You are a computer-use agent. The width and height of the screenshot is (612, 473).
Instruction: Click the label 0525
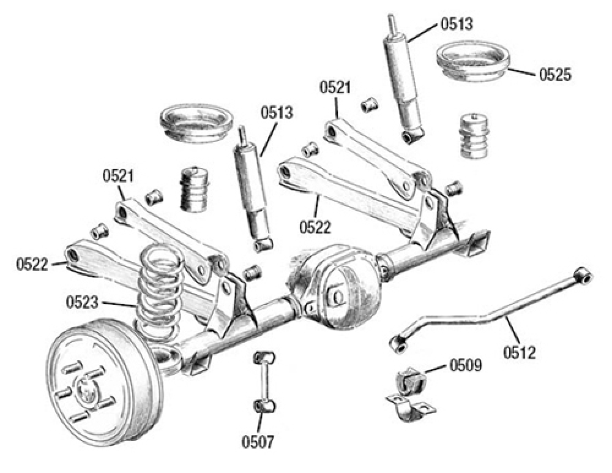point(555,75)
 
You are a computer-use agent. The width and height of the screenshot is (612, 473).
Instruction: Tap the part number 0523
point(84,301)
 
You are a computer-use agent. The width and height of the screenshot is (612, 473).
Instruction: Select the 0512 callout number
point(520,352)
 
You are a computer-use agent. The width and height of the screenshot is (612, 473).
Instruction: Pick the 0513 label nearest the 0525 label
point(456,25)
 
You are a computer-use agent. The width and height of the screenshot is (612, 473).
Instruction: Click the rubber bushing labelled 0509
point(409,381)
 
